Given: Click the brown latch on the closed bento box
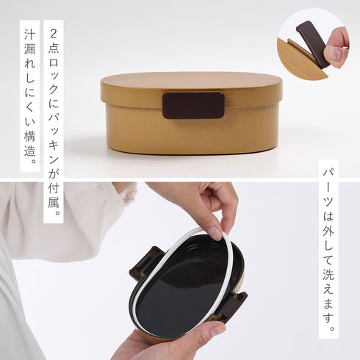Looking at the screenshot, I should pyautogui.click(x=193, y=105).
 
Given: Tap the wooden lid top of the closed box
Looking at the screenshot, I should pyautogui.click(x=191, y=80).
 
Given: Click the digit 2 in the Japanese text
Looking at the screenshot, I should pyautogui.click(x=54, y=33).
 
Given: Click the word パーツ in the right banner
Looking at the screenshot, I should pyautogui.click(x=328, y=190).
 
